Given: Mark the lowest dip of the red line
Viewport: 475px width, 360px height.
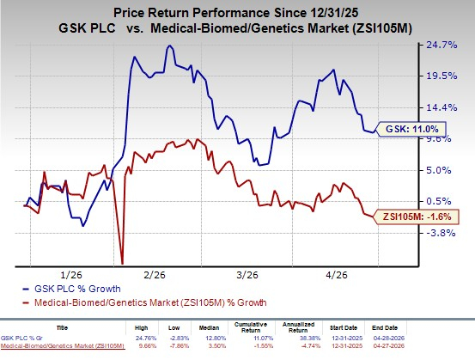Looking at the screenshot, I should coord(122,263).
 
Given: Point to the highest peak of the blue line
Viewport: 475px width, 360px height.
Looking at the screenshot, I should coord(169,46).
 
